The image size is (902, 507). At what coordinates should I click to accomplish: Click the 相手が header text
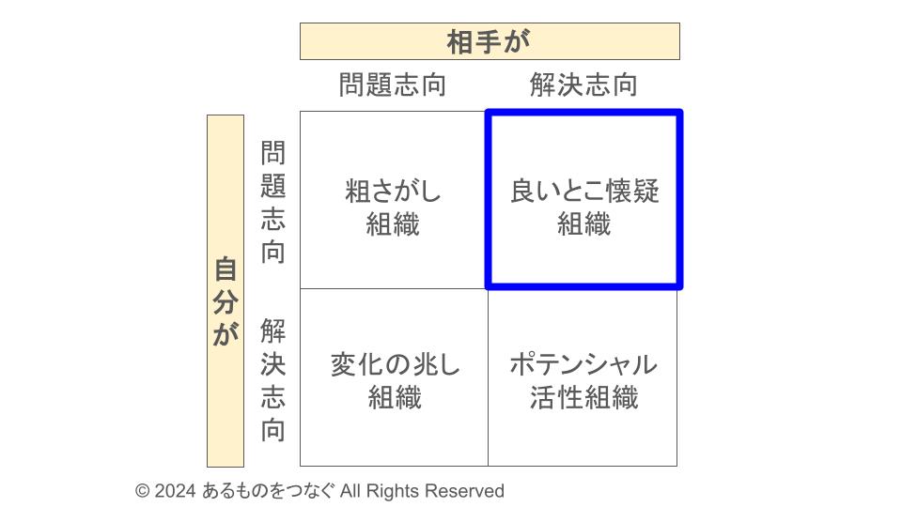pyautogui.click(x=489, y=42)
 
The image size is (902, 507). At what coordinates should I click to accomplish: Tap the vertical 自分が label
pyautogui.click(x=225, y=301)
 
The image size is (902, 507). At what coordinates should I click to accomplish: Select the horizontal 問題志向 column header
pyautogui.click(x=393, y=85)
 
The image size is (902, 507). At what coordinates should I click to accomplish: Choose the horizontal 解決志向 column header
pyautogui.click(x=583, y=85)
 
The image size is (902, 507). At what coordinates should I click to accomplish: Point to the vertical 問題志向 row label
pyautogui.click(x=272, y=202)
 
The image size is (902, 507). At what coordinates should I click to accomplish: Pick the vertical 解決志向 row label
pyautogui.click(x=272, y=380)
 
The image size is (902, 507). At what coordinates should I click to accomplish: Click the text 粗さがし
pyautogui.click(x=393, y=192)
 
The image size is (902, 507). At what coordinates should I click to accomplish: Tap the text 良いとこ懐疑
pyautogui.click(x=584, y=192)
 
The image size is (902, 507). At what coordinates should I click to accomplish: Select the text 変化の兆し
pyautogui.click(x=395, y=364)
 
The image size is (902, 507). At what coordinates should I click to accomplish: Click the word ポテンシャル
pyautogui.click(x=583, y=364)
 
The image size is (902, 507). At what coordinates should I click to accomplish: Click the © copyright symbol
pyautogui.click(x=142, y=491)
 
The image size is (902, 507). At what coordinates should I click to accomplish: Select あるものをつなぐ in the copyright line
pyautogui.click(x=268, y=491)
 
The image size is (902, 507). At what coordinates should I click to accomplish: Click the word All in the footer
pyautogui.click(x=350, y=491)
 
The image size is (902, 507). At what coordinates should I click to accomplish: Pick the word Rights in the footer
pyautogui.click(x=393, y=491)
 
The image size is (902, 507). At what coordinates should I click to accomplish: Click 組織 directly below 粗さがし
pyautogui.click(x=393, y=224)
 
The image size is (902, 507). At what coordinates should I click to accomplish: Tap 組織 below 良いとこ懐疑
pyautogui.click(x=583, y=224)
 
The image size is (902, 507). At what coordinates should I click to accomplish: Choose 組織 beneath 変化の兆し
pyautogui.click(x=395, y=397)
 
